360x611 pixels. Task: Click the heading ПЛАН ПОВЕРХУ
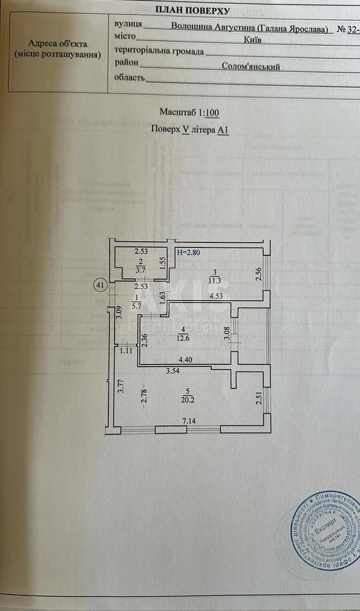(x=192, y=10)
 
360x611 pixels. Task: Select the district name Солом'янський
(x=251, y=66)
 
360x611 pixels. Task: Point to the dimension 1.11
(x=125, y=350)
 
